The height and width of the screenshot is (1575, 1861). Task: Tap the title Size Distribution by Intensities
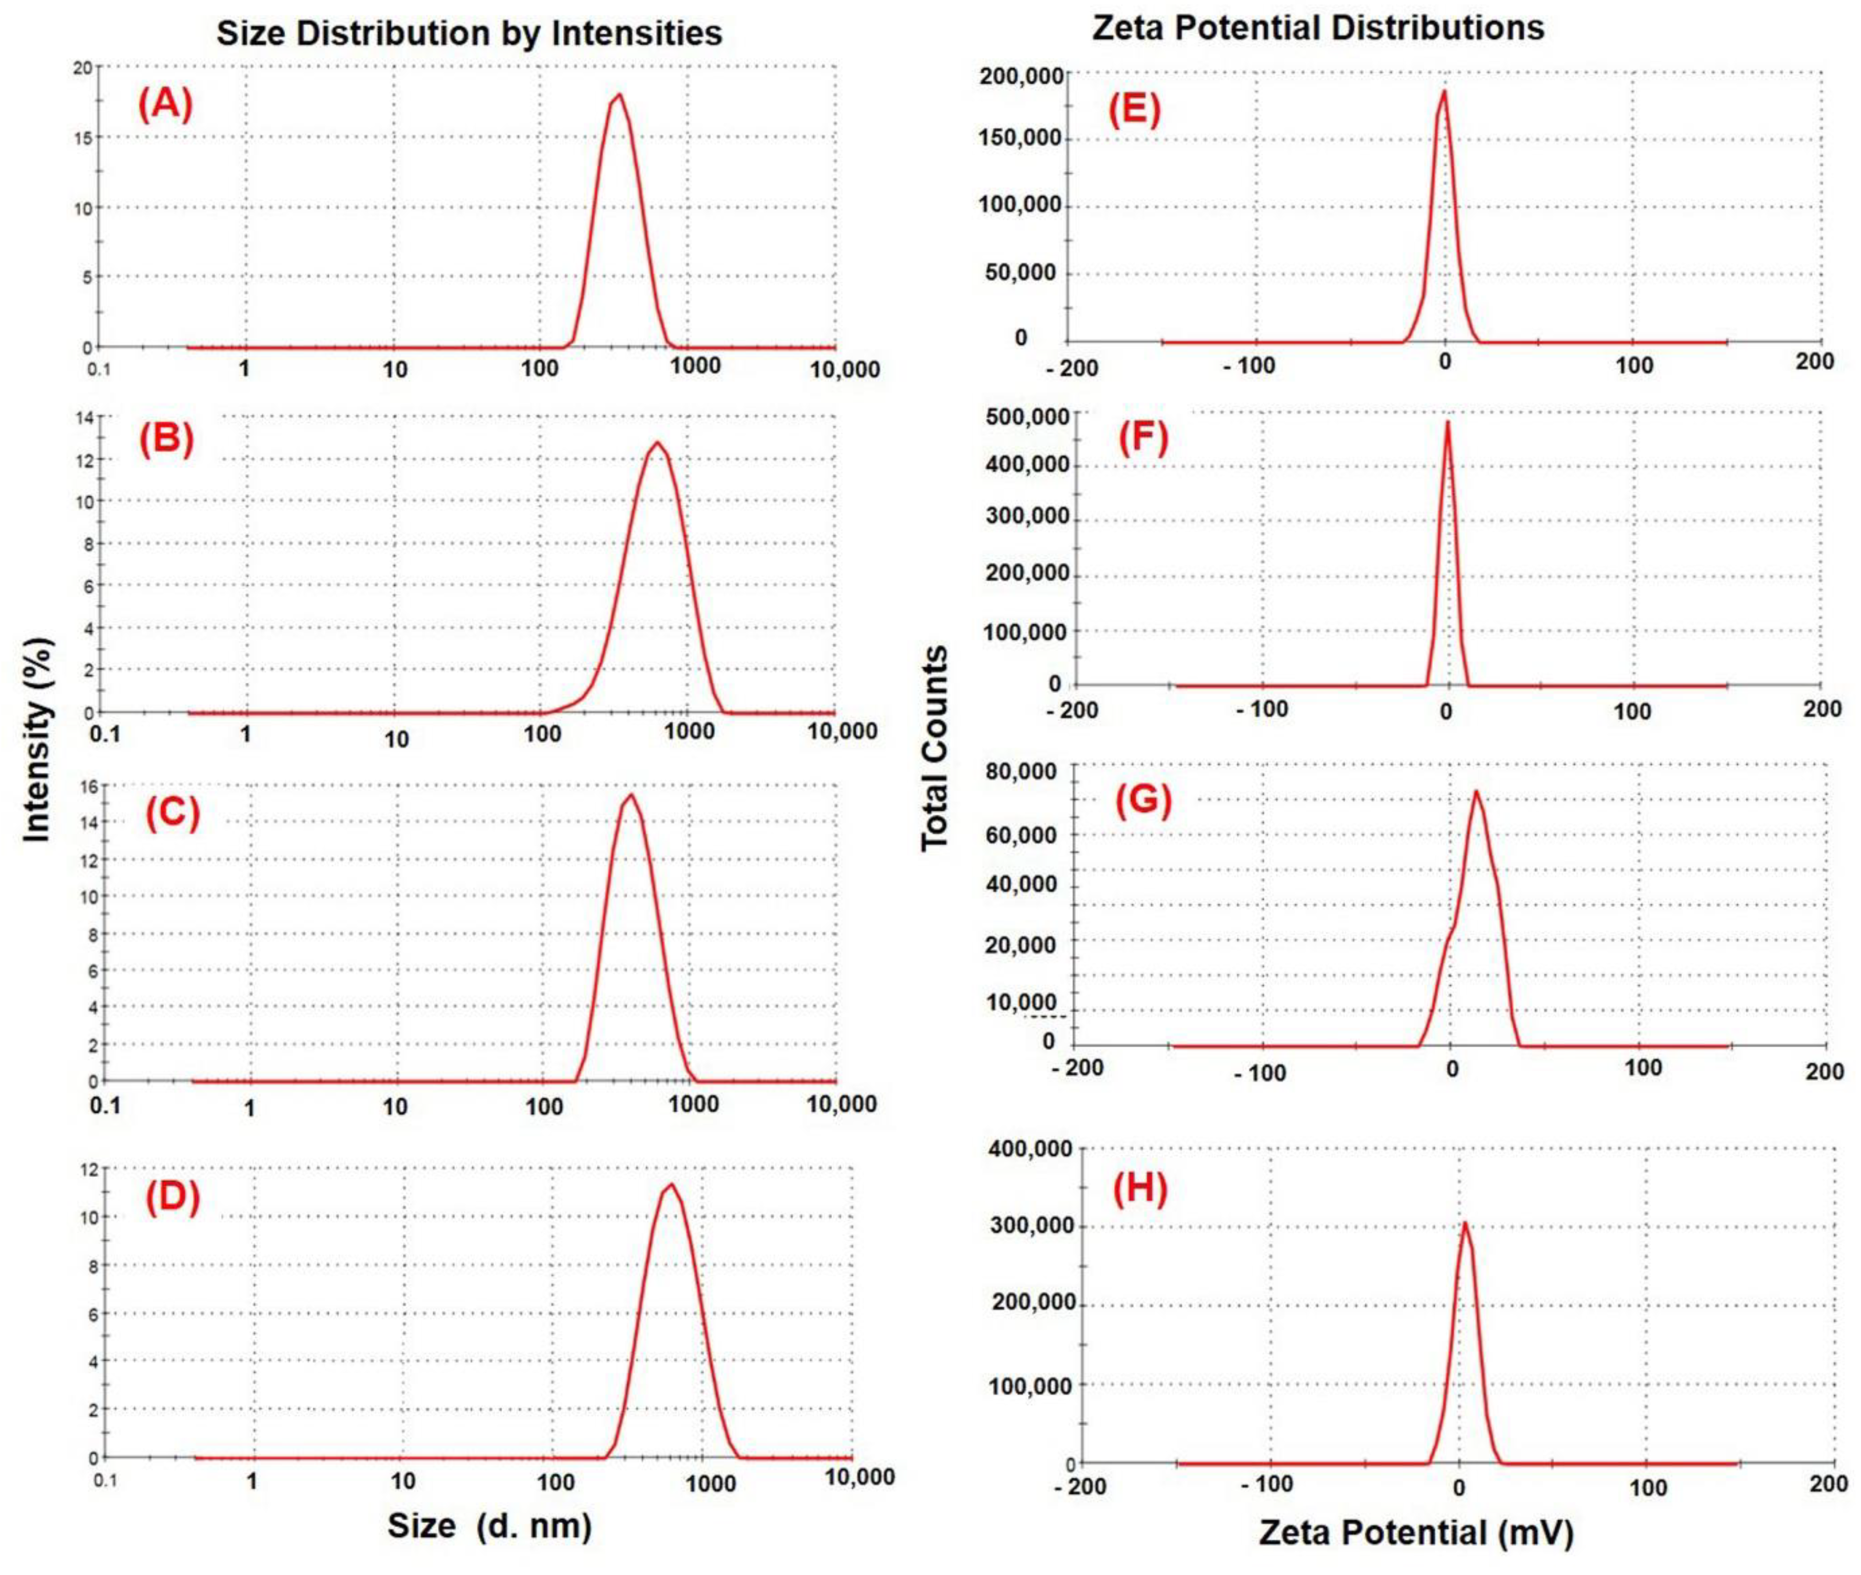pos(469,33)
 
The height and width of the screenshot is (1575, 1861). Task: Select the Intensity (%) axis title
pos(38,739)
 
